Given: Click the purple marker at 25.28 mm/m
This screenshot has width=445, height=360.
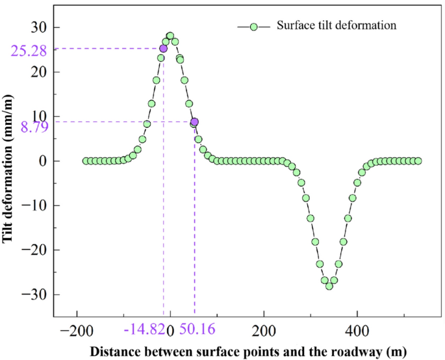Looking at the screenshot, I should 163,48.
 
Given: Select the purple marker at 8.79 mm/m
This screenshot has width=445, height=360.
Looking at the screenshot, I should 194,122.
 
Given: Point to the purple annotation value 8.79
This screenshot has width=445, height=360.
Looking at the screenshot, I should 31,129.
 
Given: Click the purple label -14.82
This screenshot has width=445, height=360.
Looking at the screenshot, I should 144,331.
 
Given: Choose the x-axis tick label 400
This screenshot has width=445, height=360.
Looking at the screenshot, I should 357,331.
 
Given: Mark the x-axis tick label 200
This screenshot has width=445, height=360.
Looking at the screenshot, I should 264,331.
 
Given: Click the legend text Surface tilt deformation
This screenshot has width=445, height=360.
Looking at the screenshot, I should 336,26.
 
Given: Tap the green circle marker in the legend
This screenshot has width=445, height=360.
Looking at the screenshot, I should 254,27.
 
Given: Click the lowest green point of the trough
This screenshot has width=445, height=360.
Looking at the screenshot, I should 329,286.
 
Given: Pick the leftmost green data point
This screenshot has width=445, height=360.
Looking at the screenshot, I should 86,161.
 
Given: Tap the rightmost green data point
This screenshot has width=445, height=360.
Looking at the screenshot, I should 418,161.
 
